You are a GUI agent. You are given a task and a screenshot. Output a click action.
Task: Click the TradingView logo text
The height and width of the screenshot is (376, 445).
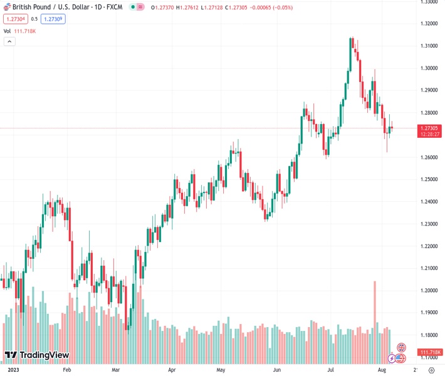click(x=44, y=355)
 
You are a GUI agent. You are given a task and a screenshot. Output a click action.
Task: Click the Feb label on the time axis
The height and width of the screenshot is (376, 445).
click(x=67, y=370)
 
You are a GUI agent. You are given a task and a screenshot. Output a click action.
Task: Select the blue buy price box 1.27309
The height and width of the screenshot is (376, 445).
click(x=54, y=19)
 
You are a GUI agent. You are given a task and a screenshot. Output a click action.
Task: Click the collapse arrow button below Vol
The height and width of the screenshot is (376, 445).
click(x=9, y=41)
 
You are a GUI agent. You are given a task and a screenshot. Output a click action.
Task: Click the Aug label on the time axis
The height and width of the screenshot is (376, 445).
click(x=382, y=370)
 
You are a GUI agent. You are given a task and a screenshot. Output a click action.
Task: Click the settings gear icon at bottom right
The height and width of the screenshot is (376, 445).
click(x=431, y=370)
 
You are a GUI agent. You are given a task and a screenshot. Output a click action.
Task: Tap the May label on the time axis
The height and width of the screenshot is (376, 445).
click(x=221, y=370)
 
